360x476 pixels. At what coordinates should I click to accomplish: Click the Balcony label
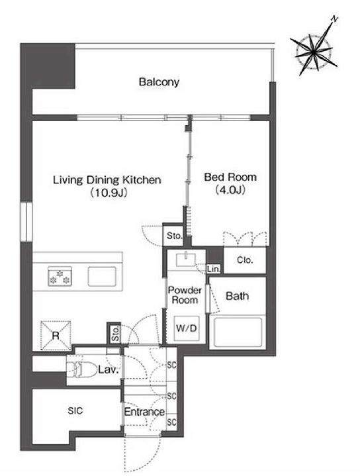(x=159, y=82)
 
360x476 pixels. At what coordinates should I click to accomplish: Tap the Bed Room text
(x=230, y=177)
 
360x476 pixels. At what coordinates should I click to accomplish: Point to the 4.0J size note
(x=230, y=190)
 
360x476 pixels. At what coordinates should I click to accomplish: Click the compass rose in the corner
(x=314, y=52)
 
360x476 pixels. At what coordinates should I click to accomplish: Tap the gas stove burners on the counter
(x=60, y=276)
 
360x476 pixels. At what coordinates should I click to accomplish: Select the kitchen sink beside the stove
(x=102, y=276)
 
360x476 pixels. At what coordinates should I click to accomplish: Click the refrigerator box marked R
(x=56, y=336)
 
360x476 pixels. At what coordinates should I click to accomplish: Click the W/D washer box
(x=187, y=328)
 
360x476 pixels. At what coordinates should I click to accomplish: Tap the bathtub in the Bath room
(x=238, y=332)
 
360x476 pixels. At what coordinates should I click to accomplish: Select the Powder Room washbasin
(x=186, y=260)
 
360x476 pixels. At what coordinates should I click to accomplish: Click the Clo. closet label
(x=244, y=260)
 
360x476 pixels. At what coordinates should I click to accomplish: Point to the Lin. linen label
(x=213, y=269)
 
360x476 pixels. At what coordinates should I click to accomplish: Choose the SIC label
(x=75, y=410)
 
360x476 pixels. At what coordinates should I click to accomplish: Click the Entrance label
(x=144, y=412)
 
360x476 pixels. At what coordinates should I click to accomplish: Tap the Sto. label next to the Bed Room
(x=174, y=236)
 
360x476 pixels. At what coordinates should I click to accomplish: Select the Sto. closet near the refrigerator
(x=115, y=333)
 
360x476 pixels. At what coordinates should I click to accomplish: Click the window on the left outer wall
(x=26, y=222)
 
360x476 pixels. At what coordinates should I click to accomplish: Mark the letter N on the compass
(x=334, y=19)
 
